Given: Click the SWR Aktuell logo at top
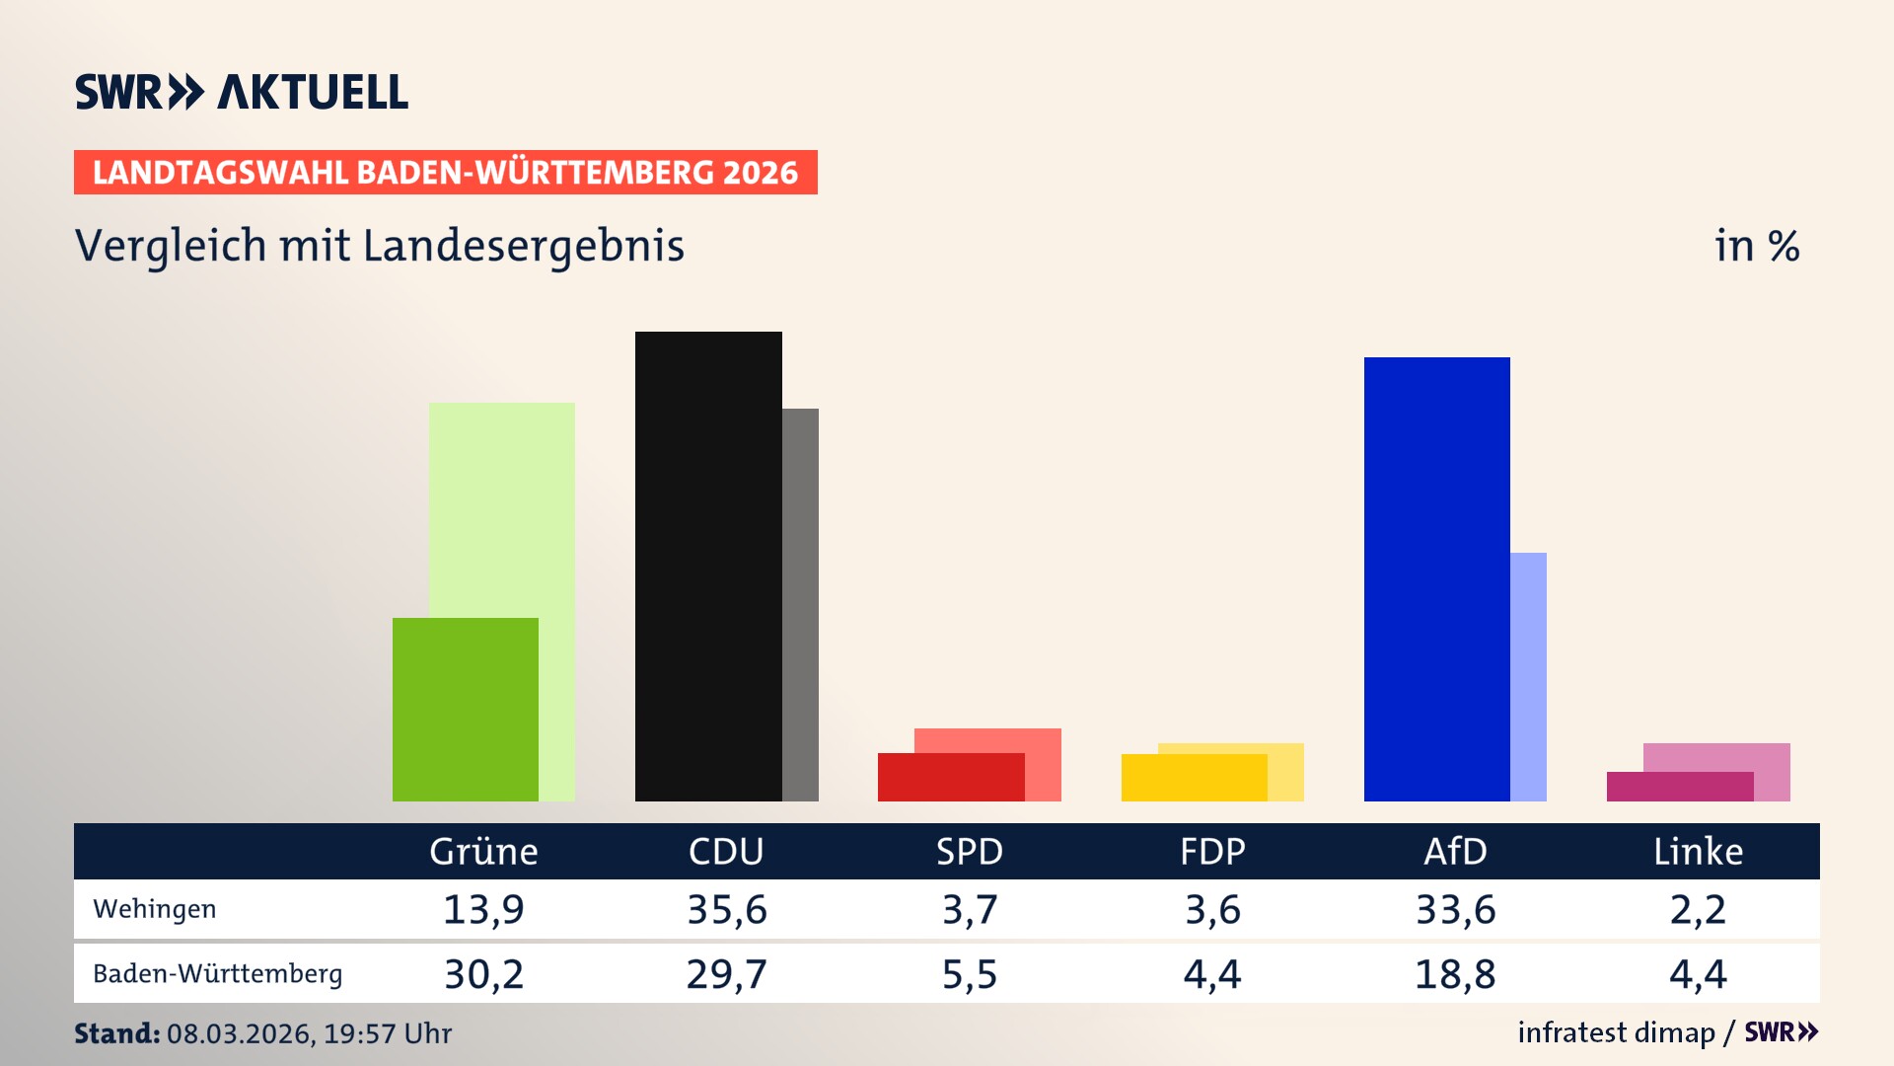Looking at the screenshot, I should coord(241,92).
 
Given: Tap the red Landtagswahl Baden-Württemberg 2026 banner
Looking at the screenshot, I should coord(445,173).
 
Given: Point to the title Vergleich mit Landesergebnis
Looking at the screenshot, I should coord(379,246).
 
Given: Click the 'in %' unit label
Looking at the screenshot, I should coord(1756,247).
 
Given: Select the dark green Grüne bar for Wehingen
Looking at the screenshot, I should coord(465,709).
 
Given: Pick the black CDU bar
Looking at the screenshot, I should coord(707,566).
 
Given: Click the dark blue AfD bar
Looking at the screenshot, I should coord(1436,578).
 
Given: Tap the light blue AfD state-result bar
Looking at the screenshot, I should coord(1528,676).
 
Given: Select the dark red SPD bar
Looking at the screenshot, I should coord(950,777).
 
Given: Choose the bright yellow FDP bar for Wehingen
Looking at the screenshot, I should coord(1194,778).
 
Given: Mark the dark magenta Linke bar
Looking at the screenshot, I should coord(1679,787).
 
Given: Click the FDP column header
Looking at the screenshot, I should coord(1212,852).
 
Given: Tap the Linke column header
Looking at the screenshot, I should coord(1698,852).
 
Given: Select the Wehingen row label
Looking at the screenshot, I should coord(154,909).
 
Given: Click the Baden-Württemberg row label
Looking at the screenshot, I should coord(217,974).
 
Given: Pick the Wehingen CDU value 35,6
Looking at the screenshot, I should coord(727,909).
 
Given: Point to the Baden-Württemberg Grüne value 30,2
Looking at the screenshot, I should coord(483,974).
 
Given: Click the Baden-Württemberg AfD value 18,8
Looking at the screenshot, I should coord(1455,974).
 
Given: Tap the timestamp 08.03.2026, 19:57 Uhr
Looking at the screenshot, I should coord(309,1033).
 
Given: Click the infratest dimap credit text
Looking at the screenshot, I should coord(1616,1032).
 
